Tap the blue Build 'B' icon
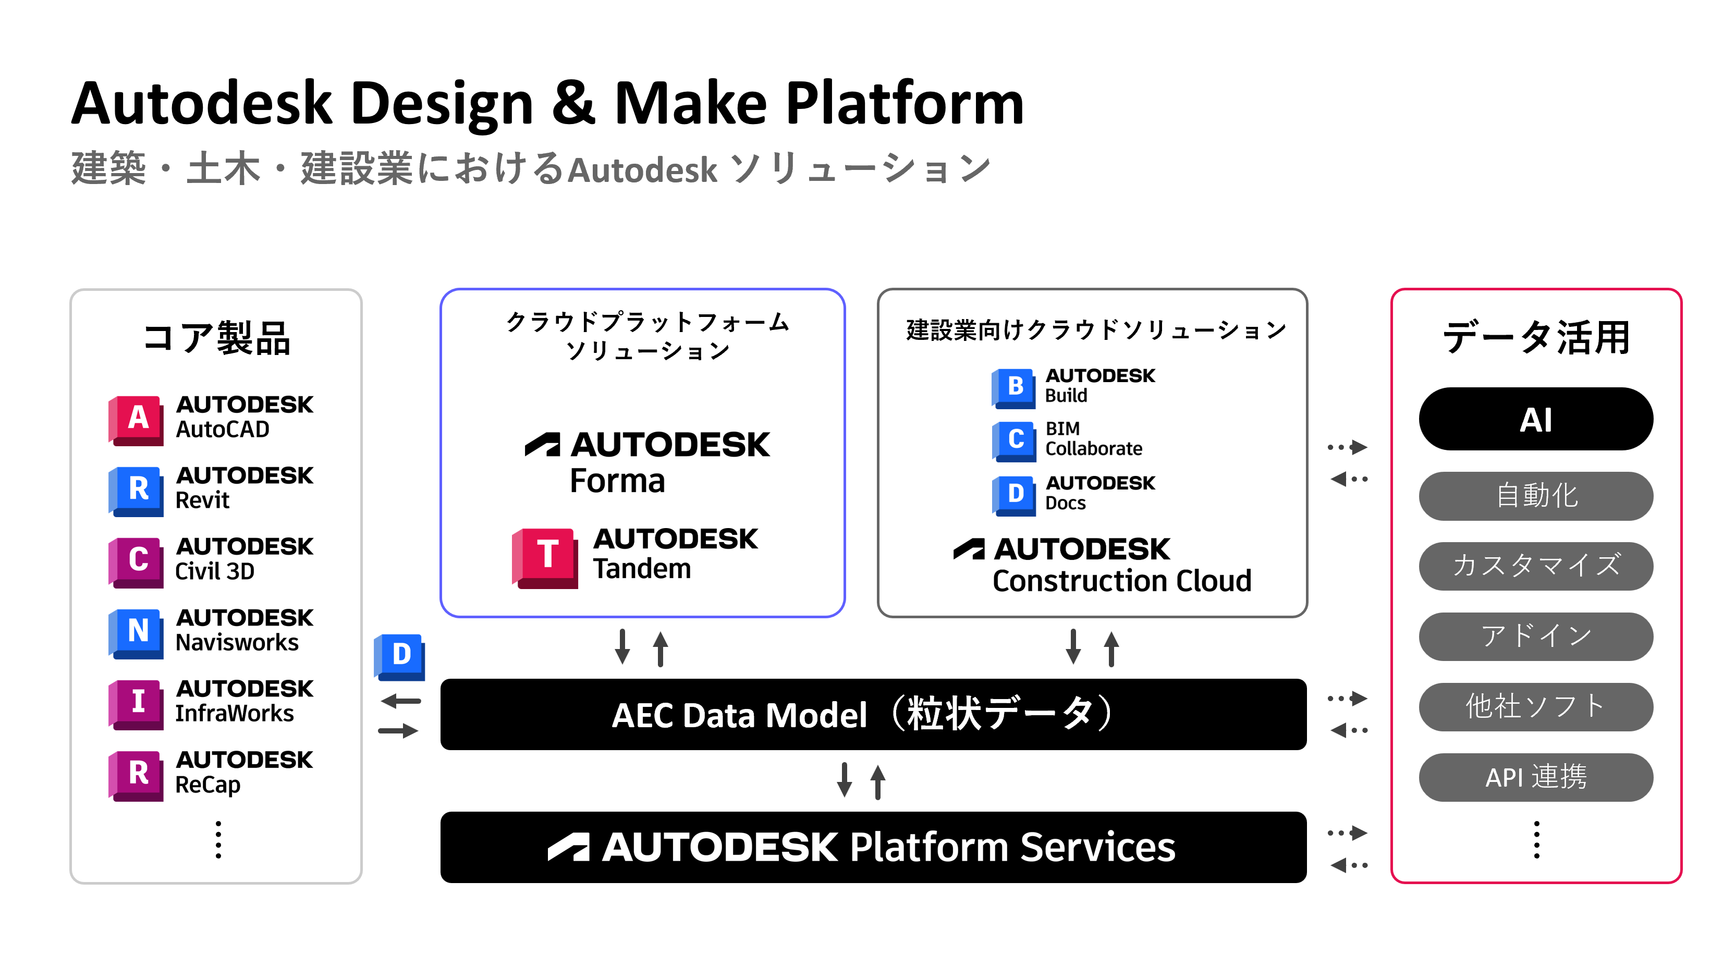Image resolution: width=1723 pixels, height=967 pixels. pos(1013,388)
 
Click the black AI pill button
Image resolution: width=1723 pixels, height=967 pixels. pos(1536,419)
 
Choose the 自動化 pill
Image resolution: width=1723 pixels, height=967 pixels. pos(1536,496)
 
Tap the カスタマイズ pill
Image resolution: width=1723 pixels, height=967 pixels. pos(1536,566)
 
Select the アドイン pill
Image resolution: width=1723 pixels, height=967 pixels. pos(1536,636)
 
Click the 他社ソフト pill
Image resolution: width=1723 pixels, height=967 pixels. pos(1536,707)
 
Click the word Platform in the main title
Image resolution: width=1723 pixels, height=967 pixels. pos(905,104)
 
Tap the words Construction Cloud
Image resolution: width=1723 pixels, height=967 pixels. pos(1122,581)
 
